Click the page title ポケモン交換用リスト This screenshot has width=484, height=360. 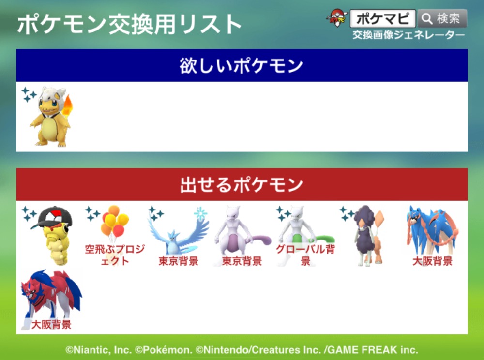[129, 25]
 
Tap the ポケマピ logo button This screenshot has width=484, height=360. [383, 18]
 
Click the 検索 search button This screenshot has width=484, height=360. [442, 18]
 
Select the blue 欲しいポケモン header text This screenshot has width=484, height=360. [242, 65]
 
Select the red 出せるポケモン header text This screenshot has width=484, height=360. [242, 184]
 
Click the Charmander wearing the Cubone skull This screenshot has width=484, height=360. [51, 117]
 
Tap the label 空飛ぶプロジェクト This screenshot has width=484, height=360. [115, 255]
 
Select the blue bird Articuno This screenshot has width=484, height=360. [179, 236]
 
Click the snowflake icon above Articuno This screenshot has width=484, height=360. [201, 213]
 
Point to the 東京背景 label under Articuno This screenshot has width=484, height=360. [179, 261]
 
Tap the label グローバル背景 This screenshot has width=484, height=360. [305, 255]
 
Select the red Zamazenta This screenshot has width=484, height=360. [51, 296]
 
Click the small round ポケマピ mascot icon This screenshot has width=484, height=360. [337, 18]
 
